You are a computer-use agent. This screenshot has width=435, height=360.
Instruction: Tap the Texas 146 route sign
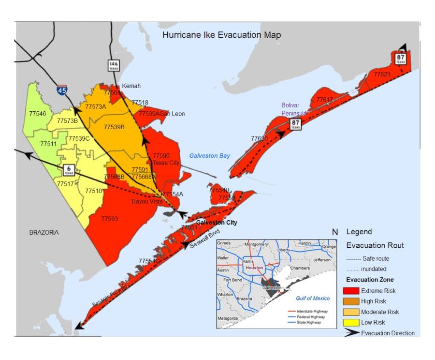[x=113, y=65]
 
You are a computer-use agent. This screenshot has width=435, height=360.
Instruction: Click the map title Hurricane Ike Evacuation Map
[x=221, y=35]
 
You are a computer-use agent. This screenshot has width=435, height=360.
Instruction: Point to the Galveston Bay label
[x=209, y=156]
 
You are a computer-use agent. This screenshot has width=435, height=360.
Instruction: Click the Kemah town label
[x=131, y=86]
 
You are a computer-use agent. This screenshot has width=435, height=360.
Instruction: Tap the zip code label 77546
[x=37, y=114]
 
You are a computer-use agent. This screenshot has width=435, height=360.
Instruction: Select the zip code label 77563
[x=109, y=219]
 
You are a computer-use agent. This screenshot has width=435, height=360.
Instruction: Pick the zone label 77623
[x=382, y=75]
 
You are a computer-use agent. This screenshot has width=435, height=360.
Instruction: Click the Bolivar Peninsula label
[x=295, y=109]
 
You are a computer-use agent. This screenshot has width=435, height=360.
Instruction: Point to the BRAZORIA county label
[x=43, y=233]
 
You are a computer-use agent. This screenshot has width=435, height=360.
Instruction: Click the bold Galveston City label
[x=217, y=223]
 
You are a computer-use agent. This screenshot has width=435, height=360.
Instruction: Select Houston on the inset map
[x=254, y=268]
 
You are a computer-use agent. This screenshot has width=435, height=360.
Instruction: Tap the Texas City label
[x=166, y=163]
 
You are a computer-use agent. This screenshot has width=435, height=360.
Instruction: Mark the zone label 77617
[x=324, y=100]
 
